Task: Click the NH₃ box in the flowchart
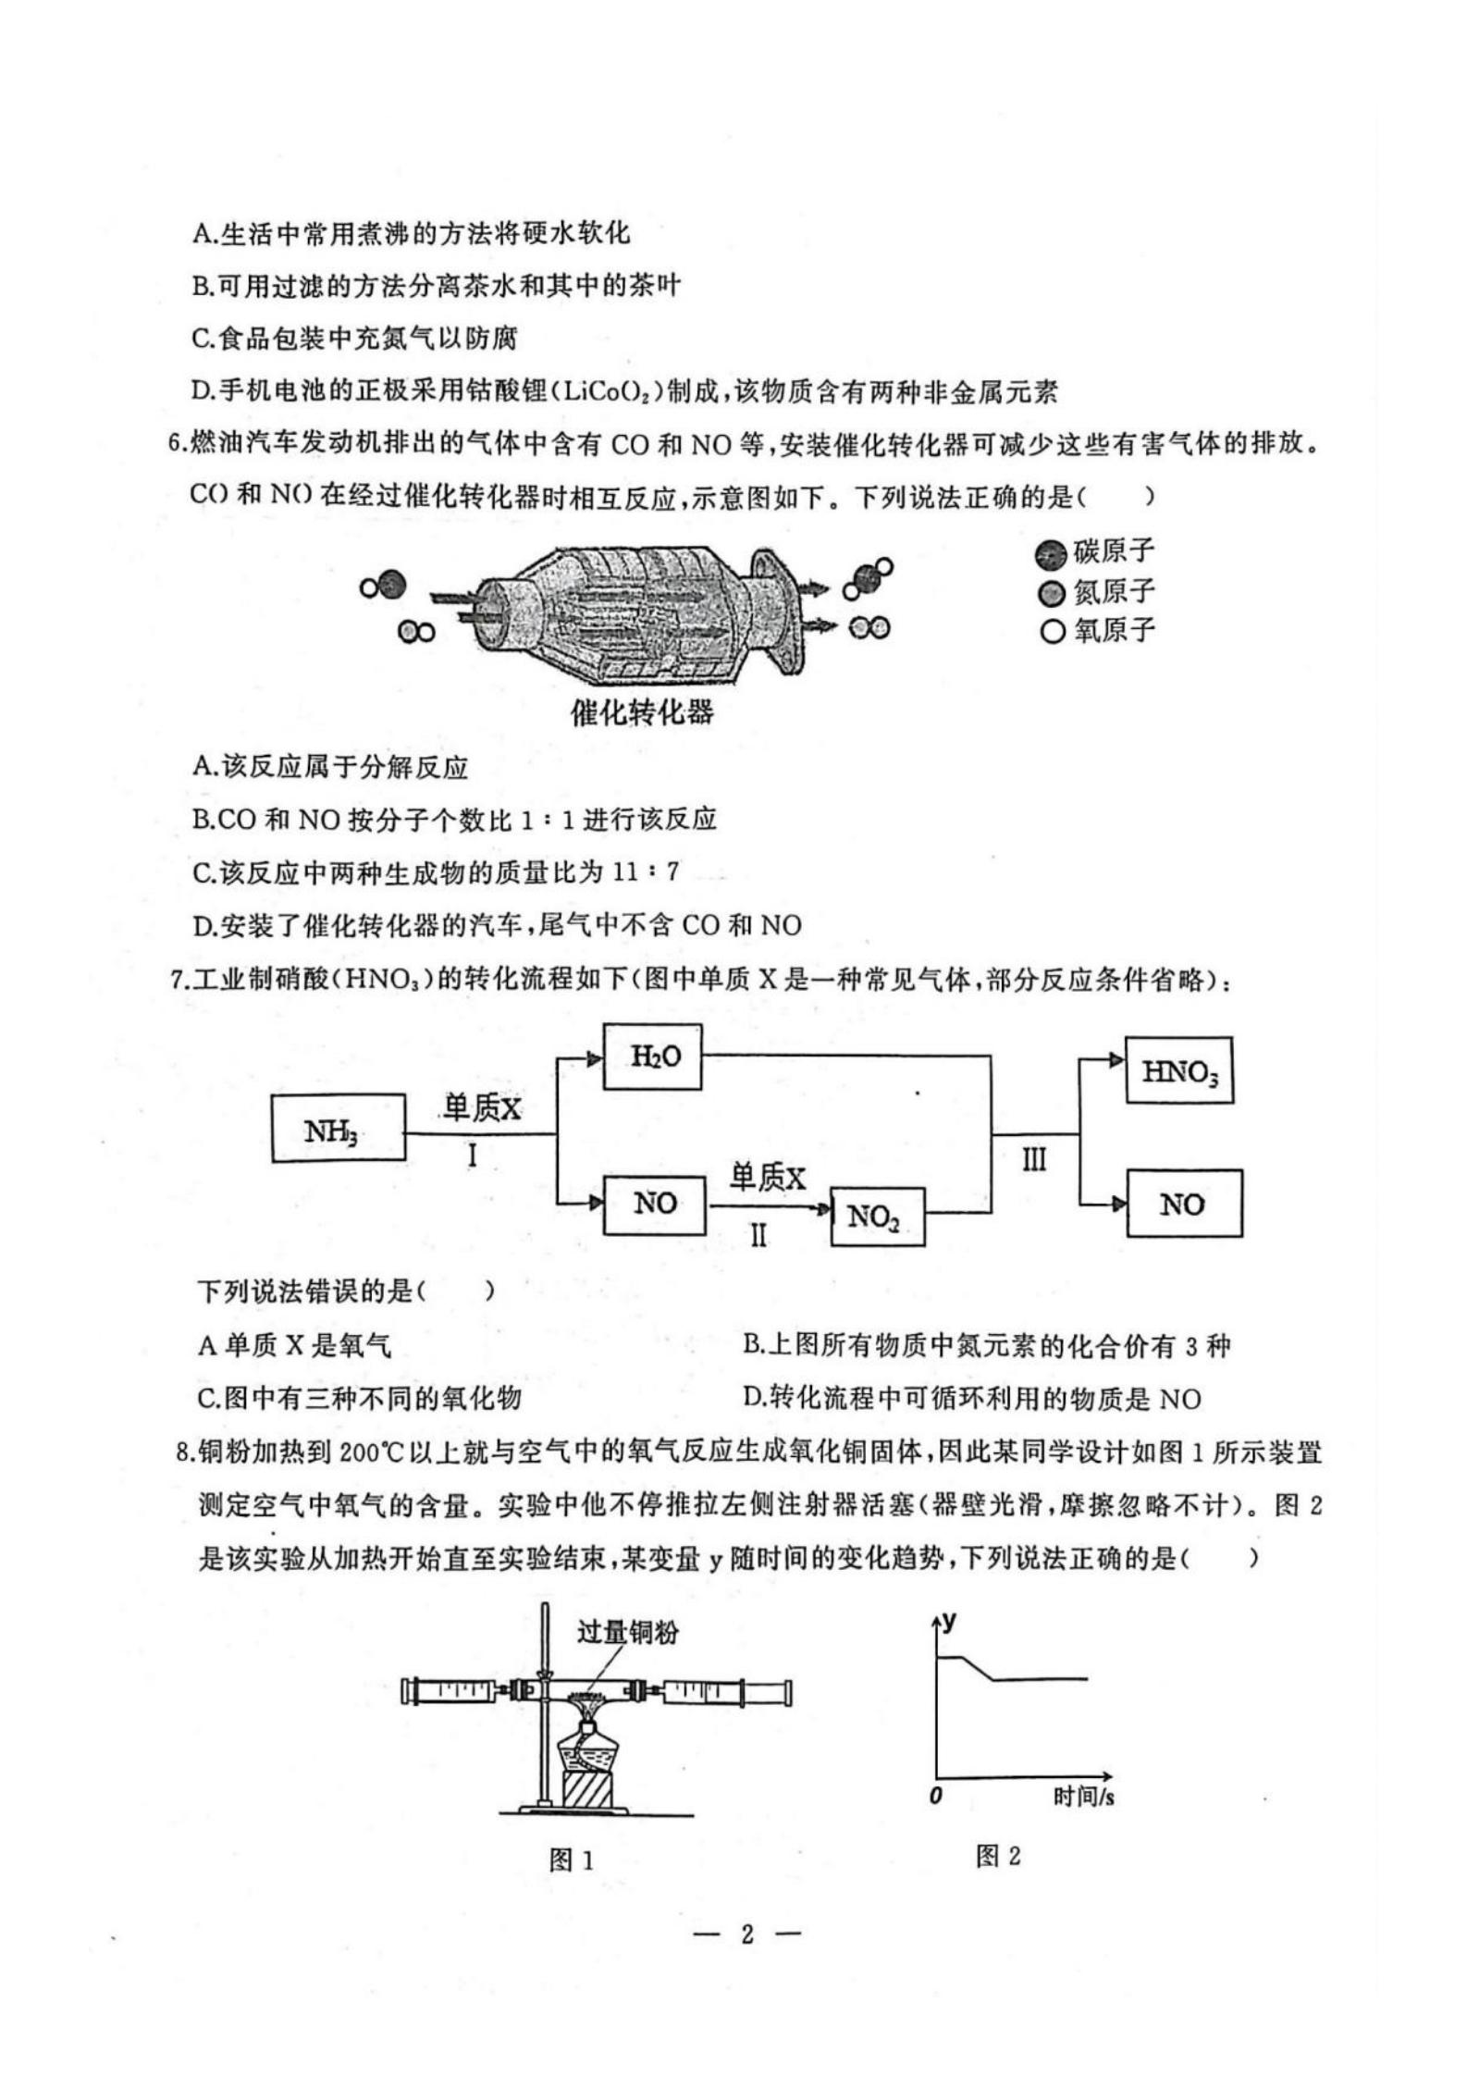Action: (x=339, y=1127)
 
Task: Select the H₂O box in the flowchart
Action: (x=652, y=1057)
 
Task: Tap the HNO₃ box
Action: (x=1179, y=1070)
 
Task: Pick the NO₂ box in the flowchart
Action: (x=878, y=1217)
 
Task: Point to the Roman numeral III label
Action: (x=1034, y=1160)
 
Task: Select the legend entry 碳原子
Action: (x=1096, y=552)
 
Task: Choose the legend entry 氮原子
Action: (x=1096, y=591)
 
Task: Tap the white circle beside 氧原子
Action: (x=1052, y=632)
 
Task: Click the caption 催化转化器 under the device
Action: (x=643, y=711)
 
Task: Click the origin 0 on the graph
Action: (x=936, y=1795)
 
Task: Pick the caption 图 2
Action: (x=998, y=1856)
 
